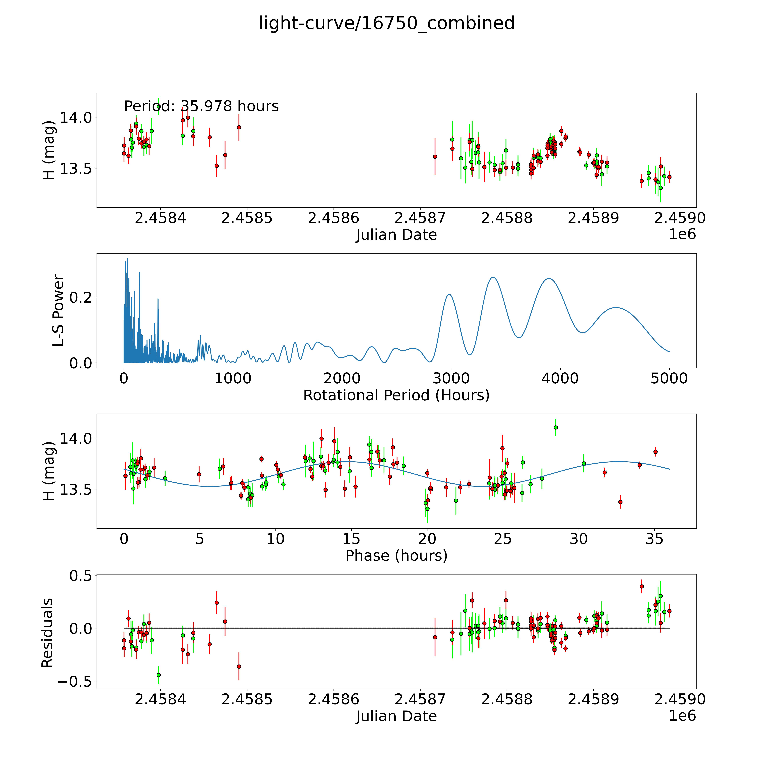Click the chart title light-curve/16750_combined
(387, 23)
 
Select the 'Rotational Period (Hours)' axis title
(396, 395)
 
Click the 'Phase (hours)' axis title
(396, 556)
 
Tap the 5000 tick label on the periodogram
(669, 379)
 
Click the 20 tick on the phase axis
(427, 539)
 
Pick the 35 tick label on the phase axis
(655, 539)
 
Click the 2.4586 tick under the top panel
(333, 218)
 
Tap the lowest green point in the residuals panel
(159, 675)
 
